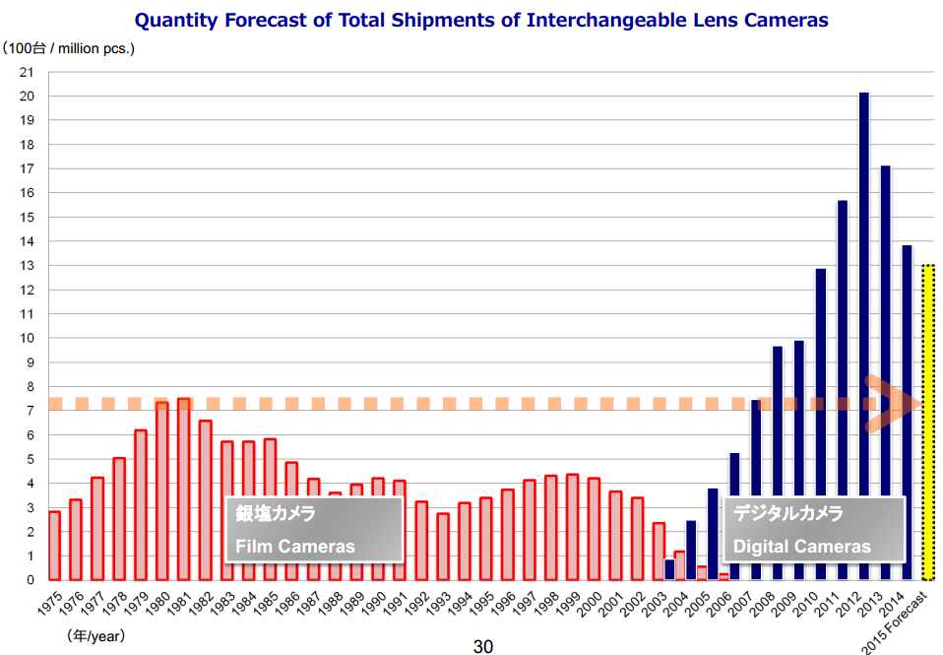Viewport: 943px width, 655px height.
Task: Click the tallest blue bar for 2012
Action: click(x=863, y=335)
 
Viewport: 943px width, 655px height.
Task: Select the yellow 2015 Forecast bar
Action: click(x=928, y=424)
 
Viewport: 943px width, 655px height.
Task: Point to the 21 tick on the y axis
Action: click(x=27, y=72)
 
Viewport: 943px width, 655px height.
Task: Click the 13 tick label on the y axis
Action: click(x=27, y=266)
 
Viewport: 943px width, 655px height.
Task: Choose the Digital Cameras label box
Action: click(x=814, y=530)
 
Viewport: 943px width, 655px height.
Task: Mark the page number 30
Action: click(x=482, y=646)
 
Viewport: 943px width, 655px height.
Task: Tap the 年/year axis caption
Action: click(x=95, y=636)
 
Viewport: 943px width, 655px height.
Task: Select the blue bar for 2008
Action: click(x=777, y=463)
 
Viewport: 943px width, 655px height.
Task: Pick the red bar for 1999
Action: click(x=573, y=527)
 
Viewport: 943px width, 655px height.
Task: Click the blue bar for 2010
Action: click(x=820, y=424)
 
